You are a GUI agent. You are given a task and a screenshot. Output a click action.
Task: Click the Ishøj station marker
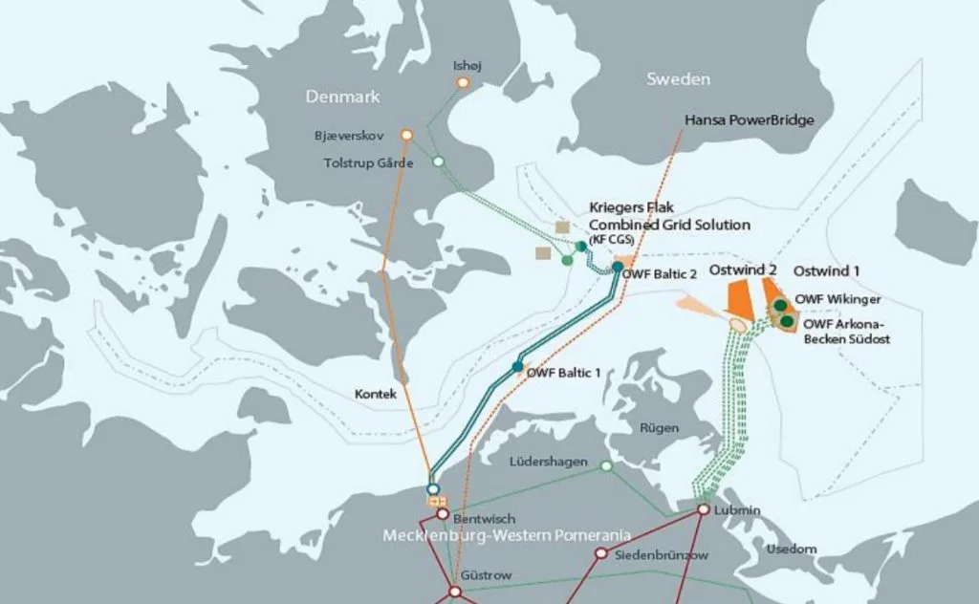pos(463,83)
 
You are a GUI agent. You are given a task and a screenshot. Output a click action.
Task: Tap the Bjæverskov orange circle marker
pos(406,136)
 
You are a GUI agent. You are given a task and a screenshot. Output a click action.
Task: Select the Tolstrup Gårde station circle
pos(438,162)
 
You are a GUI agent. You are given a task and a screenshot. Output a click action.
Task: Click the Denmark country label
pos(342,97)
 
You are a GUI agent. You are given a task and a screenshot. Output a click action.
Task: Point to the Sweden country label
pos(678,78)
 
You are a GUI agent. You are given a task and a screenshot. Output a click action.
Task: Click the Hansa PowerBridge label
pos(749,120)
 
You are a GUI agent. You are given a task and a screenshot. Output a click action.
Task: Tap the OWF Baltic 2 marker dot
pos(618,267)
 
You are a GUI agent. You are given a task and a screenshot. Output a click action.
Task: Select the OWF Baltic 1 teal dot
pos(517,367)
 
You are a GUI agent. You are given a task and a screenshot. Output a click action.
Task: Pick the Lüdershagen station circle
pos(605,466)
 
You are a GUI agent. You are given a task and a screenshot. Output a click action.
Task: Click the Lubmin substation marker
pos(703,509)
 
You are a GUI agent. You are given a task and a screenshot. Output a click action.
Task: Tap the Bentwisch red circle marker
pos(443,514)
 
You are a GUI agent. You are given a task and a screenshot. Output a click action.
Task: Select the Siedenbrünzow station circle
pos(600,553)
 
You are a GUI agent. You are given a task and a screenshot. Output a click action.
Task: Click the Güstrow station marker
pos(455,592)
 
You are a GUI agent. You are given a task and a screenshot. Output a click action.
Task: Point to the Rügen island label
pos(660,428)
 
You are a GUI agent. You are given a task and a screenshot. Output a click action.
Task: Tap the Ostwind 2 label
pos(743,270)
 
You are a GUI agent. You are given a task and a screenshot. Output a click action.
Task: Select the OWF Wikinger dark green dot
pos(780,305)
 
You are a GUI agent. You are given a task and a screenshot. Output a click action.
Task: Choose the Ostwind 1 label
pos(827,271)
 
